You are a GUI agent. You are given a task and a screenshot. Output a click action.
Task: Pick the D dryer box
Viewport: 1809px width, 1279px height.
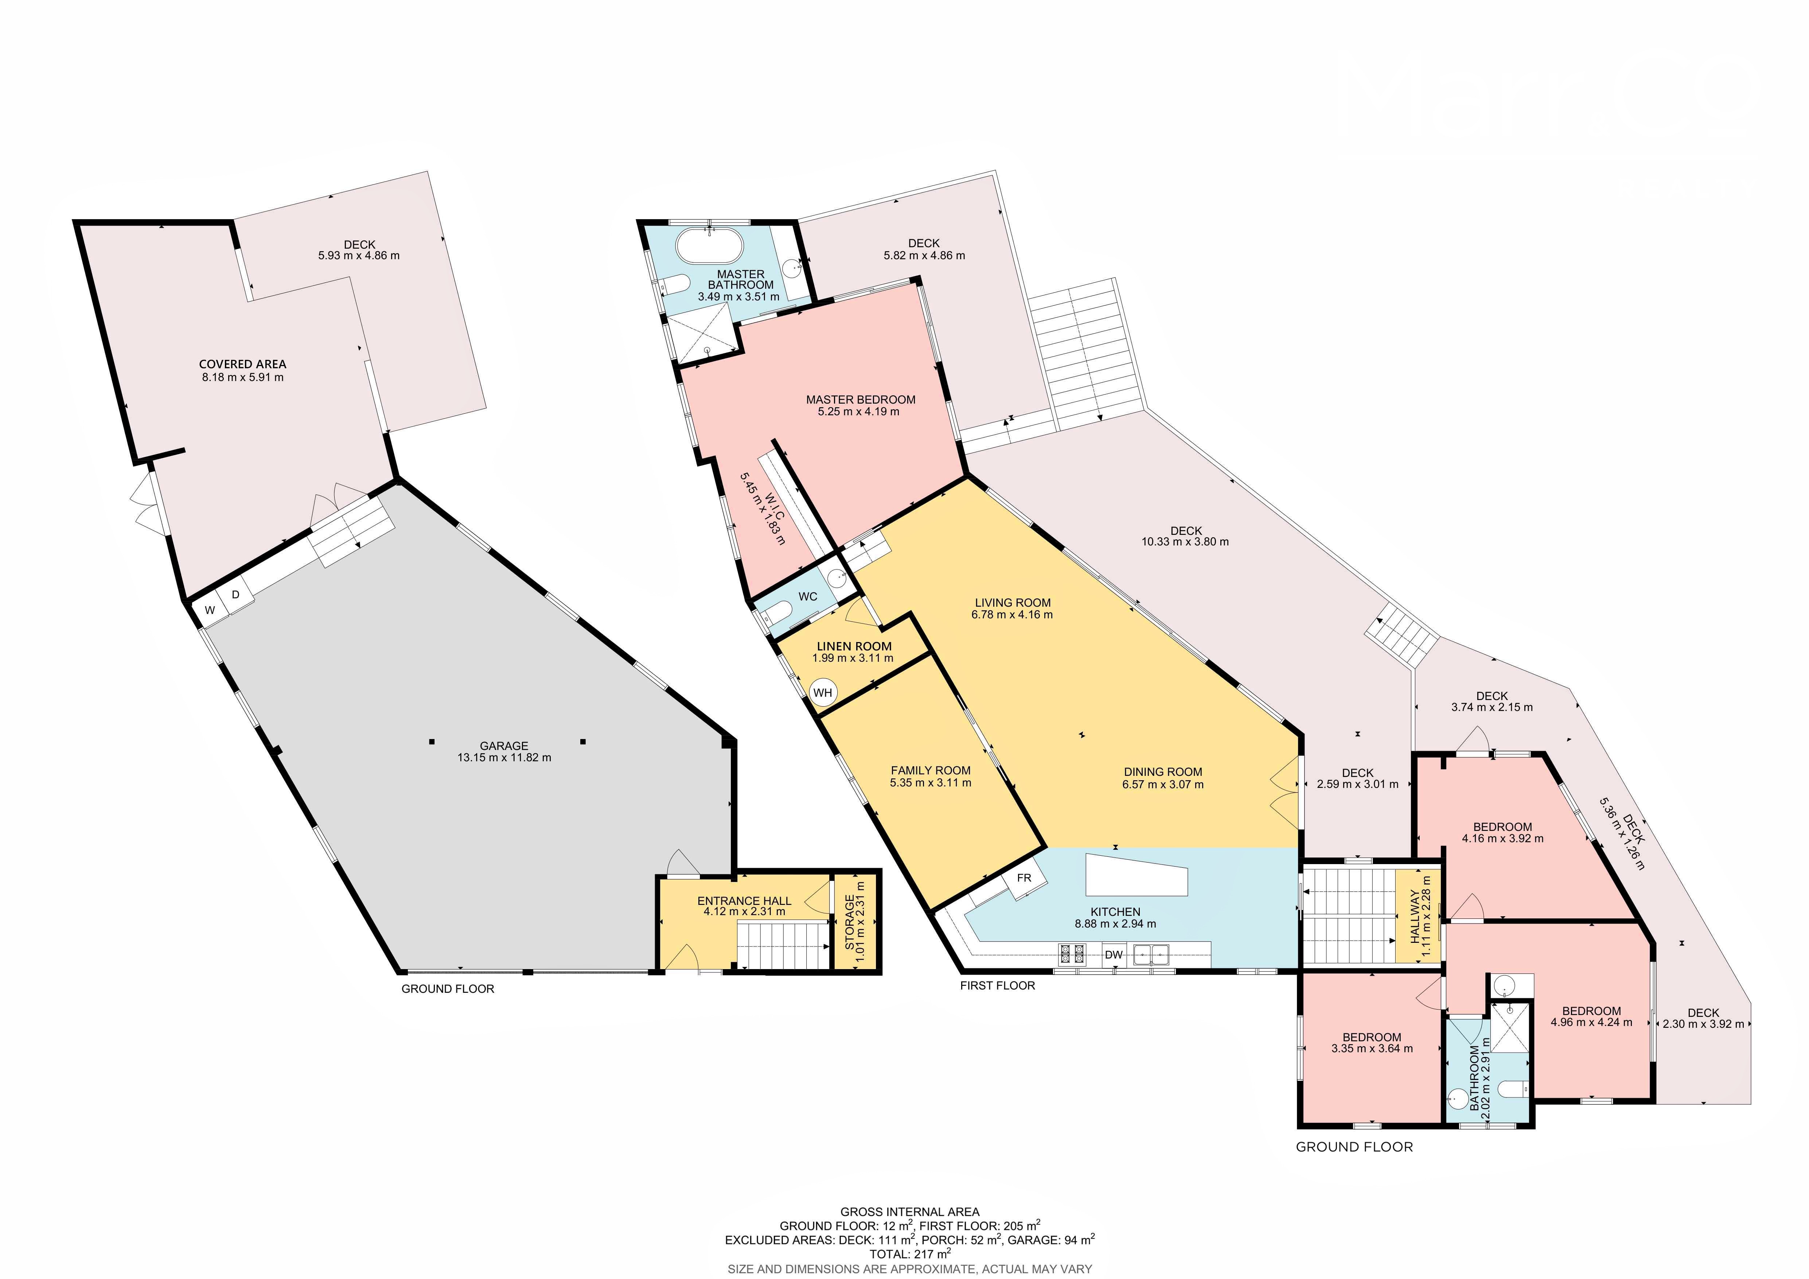235,595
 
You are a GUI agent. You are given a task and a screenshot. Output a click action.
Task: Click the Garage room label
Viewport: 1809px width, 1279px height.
504,746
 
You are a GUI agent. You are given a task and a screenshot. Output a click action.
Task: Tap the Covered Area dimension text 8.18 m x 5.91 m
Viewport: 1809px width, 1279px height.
243,377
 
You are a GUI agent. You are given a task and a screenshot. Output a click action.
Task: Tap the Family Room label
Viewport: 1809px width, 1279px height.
931,770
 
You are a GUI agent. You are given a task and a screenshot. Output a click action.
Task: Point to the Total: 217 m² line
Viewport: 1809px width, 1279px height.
910,1254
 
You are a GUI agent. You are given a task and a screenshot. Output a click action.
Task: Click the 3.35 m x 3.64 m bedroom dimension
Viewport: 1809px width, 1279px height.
1372,1049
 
